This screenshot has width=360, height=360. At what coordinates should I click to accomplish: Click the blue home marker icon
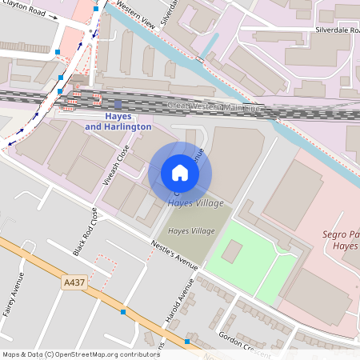point(180,173)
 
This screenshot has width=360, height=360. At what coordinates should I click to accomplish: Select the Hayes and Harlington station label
point(118,122)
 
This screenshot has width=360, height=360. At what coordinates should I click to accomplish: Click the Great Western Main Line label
point(214,106)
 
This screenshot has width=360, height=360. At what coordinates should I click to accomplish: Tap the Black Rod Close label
point(87,231)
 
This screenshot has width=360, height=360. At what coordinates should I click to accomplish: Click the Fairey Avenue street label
point(14,296)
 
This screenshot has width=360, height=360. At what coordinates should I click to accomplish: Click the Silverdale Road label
point(338,29)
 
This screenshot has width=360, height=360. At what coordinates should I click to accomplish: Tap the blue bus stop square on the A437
point(122,312)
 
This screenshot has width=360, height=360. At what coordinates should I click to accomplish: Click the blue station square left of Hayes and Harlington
point(118,104)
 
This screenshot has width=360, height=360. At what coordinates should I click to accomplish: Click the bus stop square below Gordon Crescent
point(187,342)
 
